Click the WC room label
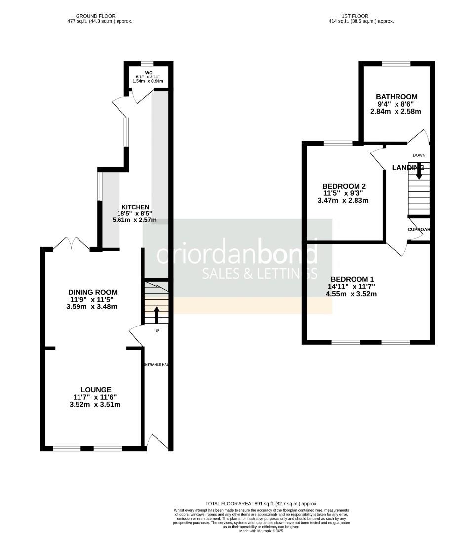point(149,72)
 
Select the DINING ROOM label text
point(94,292)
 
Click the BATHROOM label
point(396,97)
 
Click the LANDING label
point(408,168)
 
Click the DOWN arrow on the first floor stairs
point(419,171)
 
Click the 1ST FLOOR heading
point(361,16)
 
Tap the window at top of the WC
point(148,63)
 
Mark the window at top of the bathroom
point(396,63)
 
